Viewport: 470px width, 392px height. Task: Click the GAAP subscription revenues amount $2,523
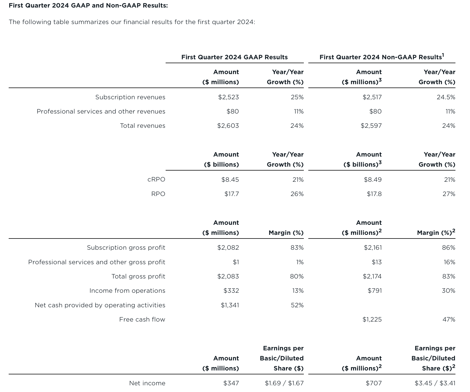click(228, 97)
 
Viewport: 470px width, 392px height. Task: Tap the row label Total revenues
click(142, 126)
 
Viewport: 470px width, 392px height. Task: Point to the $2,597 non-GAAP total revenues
click(371, 126)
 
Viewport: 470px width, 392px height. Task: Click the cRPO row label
click(156, 180)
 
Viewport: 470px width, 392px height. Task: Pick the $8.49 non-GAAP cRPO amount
click(373, 180)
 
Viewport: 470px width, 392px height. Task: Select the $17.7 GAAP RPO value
click(232, 194)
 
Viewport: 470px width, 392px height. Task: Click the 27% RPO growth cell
click(449, 194)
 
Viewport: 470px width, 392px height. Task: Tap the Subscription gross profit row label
click(126, 248)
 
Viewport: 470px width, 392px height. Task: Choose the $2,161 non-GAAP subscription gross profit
click(373, 248)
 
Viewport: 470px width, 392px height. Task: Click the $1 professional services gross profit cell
click(236, 262)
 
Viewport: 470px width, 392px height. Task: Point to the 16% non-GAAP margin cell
click(449, 262)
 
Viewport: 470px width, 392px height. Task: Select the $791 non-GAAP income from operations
click(375, 291)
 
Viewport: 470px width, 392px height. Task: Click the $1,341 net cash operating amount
click(230, 305)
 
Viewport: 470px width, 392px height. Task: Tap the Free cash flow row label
click(142, 320)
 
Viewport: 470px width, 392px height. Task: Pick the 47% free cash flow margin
click(449, 320)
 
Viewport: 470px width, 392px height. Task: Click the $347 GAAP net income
click(231, 383)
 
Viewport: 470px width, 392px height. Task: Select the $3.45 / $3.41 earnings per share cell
click(435, 383)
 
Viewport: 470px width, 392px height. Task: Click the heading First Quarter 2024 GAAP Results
click(234, 57)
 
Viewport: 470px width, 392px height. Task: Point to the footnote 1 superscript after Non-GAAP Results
click(443, 55)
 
